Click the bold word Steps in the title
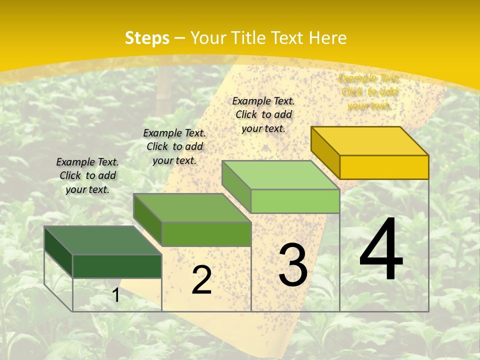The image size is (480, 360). pos(147,38)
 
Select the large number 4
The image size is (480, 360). pos(381,249)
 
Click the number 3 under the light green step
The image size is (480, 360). pos(292,265)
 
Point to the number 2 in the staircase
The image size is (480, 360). pos(201,280)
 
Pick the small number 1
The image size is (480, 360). pos(116,295)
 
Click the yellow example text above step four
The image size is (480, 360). pos(369,92)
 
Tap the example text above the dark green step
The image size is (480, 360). pos(87,175)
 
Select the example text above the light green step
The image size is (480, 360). pos(263,114)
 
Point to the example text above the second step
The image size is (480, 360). pos(174,146)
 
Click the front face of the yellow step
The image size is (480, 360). pos(384,167)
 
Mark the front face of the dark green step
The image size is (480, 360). pos(117,266)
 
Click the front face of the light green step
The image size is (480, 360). pos(295,201)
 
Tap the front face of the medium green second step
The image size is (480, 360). pos(206,234)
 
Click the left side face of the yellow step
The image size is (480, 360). pos(325,152)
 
